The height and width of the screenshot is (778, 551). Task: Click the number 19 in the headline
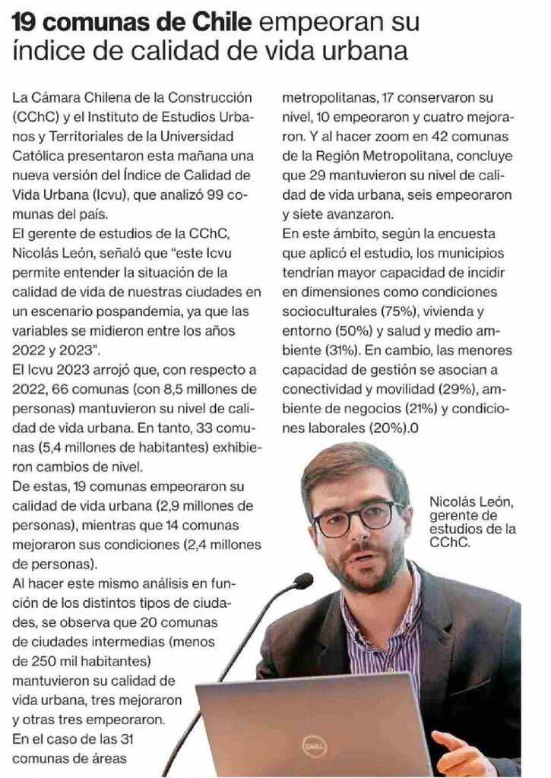coord(25,23)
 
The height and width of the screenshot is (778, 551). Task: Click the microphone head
coord(303,581)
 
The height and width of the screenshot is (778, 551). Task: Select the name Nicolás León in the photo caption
coord(472,501)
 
